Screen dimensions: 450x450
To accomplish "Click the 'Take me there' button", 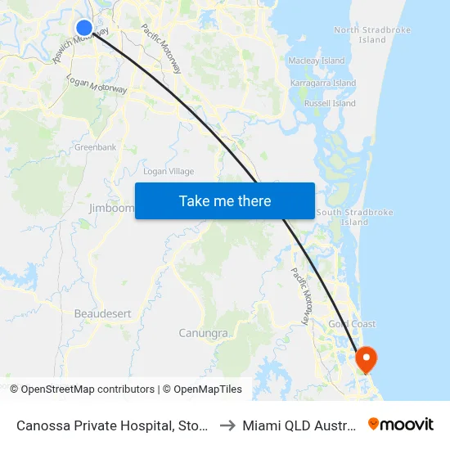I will (225, 200).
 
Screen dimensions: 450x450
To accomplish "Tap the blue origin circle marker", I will (84, 28).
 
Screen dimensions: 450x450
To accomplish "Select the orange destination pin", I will (365, 358).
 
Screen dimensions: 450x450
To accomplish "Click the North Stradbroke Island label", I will (360, 34).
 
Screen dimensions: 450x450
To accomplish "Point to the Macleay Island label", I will (317, 61).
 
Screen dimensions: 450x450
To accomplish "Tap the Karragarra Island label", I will (323, 83).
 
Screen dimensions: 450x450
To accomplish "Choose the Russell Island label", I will (330, 104).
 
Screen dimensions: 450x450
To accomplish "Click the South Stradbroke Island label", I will (354, 217).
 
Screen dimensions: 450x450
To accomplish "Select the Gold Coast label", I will (352, 324).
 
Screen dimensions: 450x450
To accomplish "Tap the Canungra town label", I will (204, 333).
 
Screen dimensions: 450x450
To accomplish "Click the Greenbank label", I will (96, 147).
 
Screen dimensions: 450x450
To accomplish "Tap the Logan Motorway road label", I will (97, 85).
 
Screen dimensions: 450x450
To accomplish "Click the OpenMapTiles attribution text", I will (208, 389).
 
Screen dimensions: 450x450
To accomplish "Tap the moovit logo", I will (401, 424).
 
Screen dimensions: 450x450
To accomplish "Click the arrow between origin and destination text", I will (228, 425).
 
